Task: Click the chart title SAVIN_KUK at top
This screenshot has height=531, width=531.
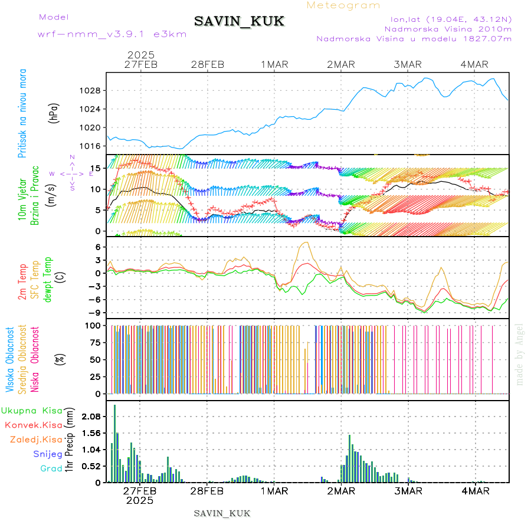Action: point(240,22)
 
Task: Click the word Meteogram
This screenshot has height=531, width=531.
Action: point(344,5)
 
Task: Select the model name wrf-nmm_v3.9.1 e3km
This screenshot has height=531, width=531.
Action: point(112,34)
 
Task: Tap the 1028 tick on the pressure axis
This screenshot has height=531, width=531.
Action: point(90,91)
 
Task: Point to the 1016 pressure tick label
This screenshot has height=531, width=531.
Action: point(90,146)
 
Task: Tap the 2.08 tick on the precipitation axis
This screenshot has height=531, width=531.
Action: point(92,417)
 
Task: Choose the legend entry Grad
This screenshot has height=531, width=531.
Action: point(51,468)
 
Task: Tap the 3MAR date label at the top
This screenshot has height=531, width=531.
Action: point(408,64)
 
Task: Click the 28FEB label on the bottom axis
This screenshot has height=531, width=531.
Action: point(207,491)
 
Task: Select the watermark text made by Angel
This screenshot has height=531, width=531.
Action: point(520,354)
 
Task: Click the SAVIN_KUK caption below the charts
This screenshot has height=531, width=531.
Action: point(222,513)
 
